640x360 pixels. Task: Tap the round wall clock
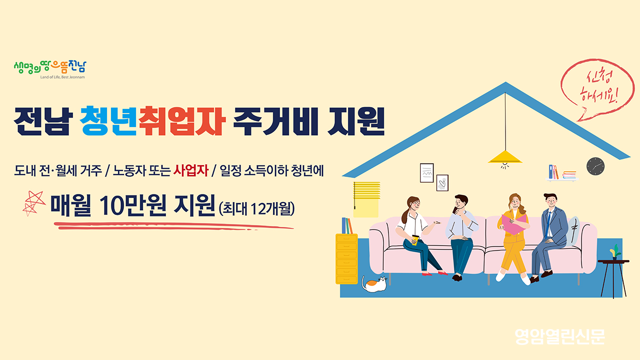pos(595,166)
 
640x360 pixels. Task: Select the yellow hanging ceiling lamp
pos(505,157)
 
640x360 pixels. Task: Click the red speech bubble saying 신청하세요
pos(598,89)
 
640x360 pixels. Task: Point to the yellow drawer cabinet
pos(346,259)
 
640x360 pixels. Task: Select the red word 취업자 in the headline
pos(182,121)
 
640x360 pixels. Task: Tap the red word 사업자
pos(191,170)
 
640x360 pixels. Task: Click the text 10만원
pos(132,205)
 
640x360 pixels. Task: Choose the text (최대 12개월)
pos(256,208)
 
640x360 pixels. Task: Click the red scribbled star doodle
pos(33,203)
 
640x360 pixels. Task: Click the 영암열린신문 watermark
pos(559,336)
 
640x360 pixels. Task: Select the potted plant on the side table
pos(615,252)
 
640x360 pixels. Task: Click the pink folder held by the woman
pos(514,224)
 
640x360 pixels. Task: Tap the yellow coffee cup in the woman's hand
pos(415,240)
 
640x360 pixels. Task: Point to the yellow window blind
pos(366,199)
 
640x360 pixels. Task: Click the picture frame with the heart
pos(442,183)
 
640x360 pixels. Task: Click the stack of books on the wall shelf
pos(569,174)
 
